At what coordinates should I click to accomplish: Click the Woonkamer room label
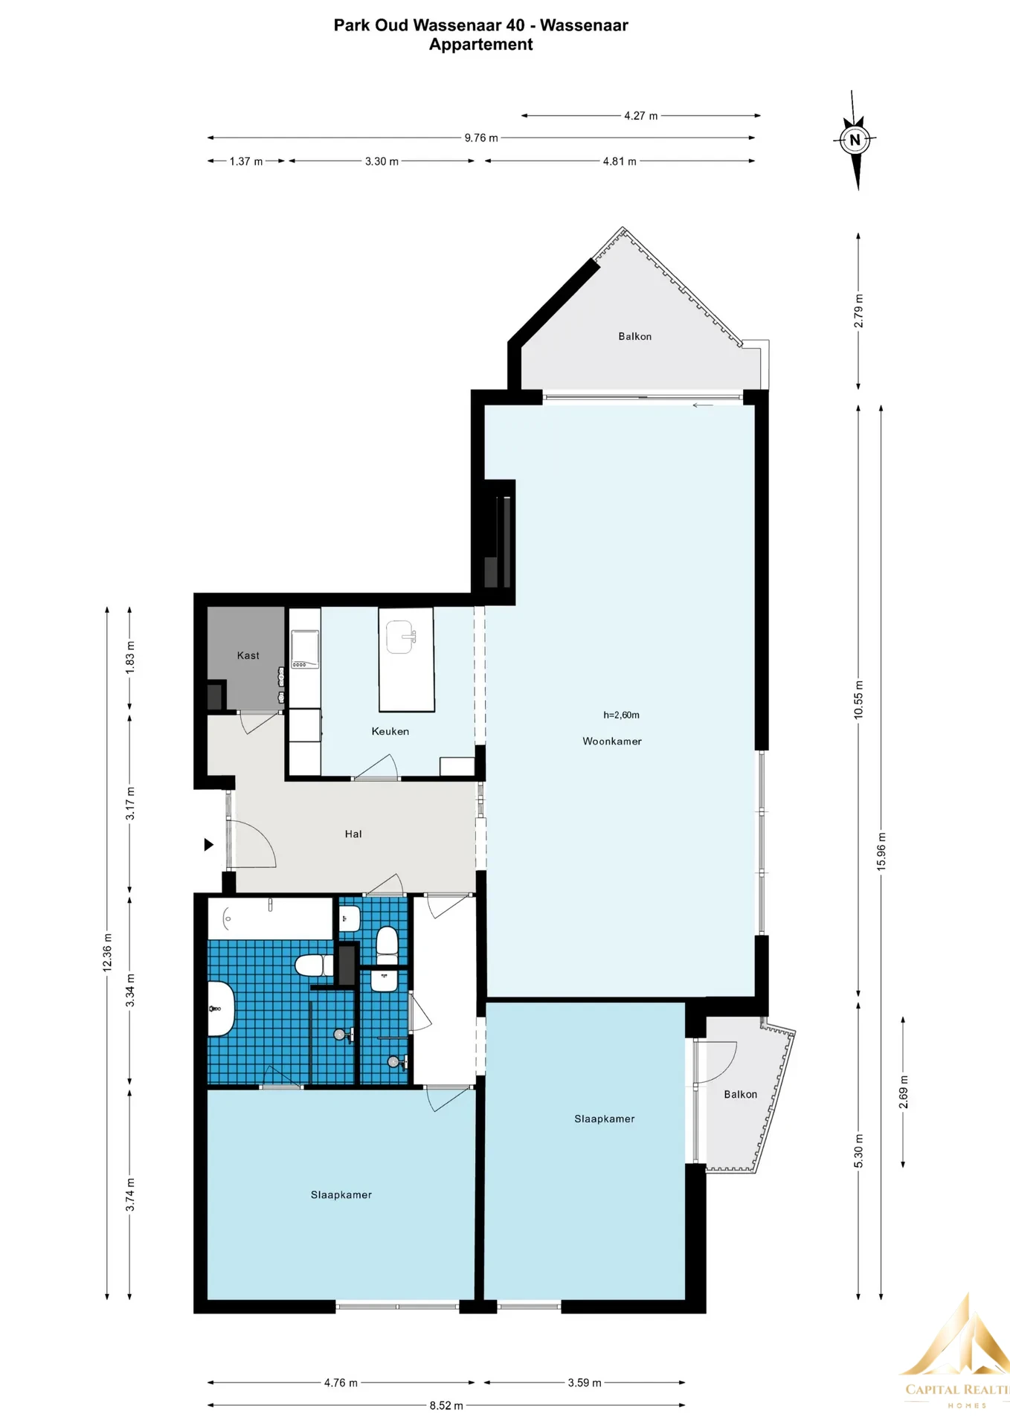[x=611, y=741]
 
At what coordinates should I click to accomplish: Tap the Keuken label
[x=390, y=731]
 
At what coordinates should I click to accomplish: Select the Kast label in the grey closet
[x=248, y=655]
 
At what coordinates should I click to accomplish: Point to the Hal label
[x=353, y=834]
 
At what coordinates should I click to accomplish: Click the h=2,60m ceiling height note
[x=621, y=715]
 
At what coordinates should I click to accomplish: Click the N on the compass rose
[x=855, y=139]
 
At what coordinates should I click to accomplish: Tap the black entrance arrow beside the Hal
[x=209, y=844]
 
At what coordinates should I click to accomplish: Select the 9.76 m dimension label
[x=481, y=138]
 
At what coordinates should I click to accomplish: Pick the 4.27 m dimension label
[x=640, y=115]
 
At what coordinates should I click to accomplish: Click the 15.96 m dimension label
[x=881, y=852]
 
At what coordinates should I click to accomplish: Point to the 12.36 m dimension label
[x=107, y=953]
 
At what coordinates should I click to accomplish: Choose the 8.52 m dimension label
[x=446, y=1405]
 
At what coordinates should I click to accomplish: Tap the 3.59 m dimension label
[x=585, y=1383]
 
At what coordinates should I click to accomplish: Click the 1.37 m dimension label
[x=246, y=161]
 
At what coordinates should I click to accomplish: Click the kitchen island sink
[x=401, y=637]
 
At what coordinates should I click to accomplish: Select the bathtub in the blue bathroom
[x=270, y=919]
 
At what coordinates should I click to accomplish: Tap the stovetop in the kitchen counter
[x=305, y=649]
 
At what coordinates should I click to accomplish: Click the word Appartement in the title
[x=480, y=45]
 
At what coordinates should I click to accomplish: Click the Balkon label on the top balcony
[x=634, y=336]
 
